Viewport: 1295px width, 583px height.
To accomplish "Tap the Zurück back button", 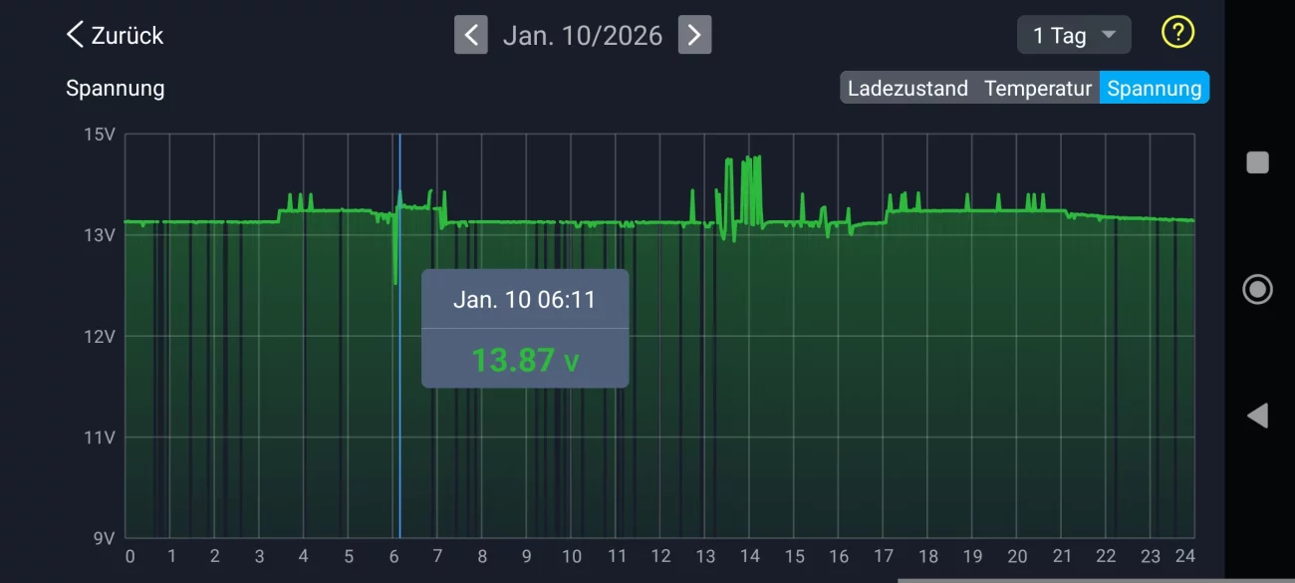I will [x=115, y=35].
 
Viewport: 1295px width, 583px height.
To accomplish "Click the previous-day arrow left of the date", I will [x=471, y=35].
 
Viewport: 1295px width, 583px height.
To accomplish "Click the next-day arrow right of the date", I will [x=694, y=35].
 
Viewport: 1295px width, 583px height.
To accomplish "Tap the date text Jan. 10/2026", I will [x=583, y=36].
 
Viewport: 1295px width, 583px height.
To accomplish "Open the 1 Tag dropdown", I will [x=1074, y=35].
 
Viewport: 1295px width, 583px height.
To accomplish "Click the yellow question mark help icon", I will [x=1177, y=32].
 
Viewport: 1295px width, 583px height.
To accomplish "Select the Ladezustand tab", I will [x=907, y=88].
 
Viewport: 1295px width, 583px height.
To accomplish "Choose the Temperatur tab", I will [x=1038, y=88].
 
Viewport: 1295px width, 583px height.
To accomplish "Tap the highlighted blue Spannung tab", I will [x=1154, y=88].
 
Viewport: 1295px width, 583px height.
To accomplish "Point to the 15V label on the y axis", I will [x=100, y=134].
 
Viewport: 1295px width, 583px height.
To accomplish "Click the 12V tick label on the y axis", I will [x=100, y=336].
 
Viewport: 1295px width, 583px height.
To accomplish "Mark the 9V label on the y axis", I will [x=104, y=538].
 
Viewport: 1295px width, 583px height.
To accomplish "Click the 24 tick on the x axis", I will [x=1184, y=556].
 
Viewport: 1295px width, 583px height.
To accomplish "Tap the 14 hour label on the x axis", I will [x=749, y=556].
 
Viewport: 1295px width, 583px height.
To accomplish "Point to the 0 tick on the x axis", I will [x=129, y=556].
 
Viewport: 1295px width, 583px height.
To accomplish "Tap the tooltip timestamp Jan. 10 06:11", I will [x=524, y=299].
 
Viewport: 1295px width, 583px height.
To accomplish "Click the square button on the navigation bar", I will [x=1257, y=162].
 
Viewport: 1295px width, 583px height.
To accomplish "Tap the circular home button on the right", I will [x=1257, y=289].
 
